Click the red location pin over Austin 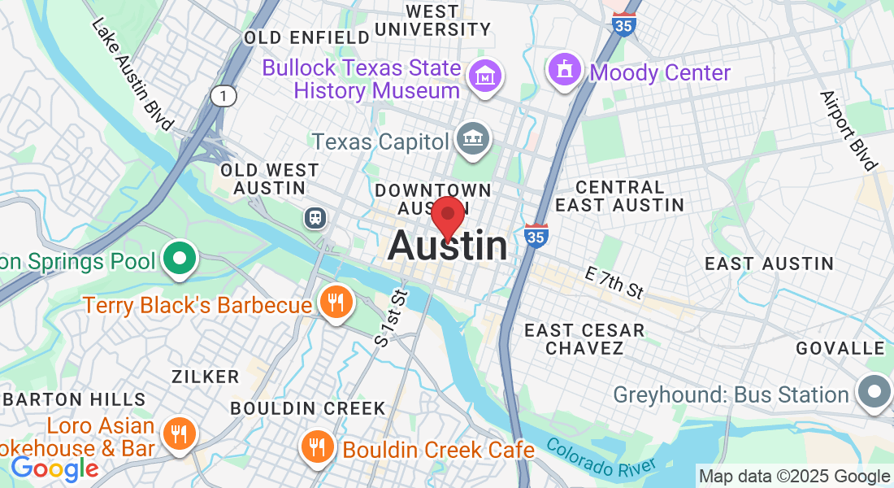pos(447,216)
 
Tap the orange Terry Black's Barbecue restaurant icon pos(334,303)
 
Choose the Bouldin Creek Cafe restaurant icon pos(315,447)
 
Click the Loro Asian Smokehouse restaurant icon pos(176,433)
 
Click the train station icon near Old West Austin pos(313,217)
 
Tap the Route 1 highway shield pos(223,97)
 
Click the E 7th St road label pos(614,282)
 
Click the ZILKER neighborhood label pos(205,377)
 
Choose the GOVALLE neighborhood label pos(840,348)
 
